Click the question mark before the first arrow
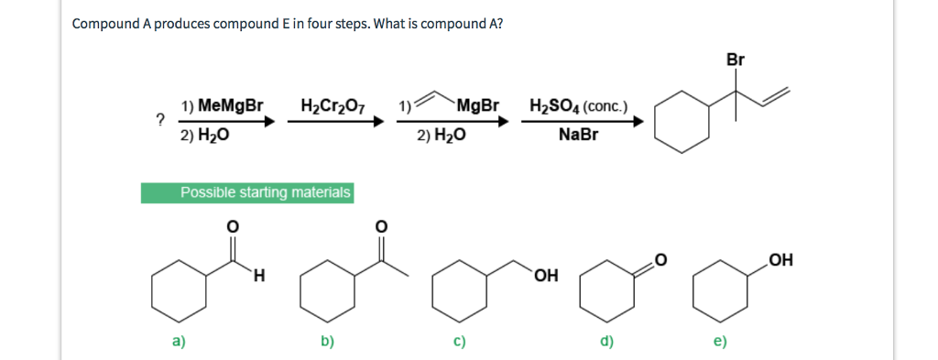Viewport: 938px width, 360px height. point(159,118)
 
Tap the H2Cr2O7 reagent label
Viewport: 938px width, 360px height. point(333,105)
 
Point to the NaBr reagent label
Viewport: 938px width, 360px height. point(578,135)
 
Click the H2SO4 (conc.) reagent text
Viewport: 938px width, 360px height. point(578,105)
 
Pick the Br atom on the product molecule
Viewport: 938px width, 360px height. point(736,60)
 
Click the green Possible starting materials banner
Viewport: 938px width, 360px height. point(247,192)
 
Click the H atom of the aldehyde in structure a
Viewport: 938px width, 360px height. point(261,274)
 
